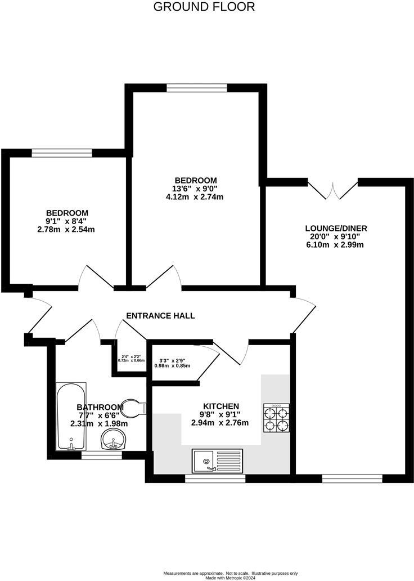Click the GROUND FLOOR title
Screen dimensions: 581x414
click(x=204, y=7)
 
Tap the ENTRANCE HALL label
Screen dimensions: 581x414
click(x=160, y=316)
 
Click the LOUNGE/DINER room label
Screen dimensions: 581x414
click(x=336, y=228)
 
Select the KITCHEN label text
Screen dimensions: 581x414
click(x=221, y=406)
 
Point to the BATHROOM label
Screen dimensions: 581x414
click(x=100, y=408)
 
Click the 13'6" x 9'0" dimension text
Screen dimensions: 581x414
click(x=195, y=189)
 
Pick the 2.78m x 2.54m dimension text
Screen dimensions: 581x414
click(x=67, y=229)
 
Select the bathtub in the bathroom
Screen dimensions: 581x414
click(x=71, y=417)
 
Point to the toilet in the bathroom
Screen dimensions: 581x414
click(x=133, y=407)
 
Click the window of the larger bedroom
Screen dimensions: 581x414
click(x=197, y=87)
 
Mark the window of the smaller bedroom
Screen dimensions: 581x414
click(x=62, y=152)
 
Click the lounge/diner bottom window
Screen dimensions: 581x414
click(x=352, y=479)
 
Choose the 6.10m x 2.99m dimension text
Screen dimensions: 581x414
click(x=336, y=245)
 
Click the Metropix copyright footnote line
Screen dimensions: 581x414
click(x=230, y=576)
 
